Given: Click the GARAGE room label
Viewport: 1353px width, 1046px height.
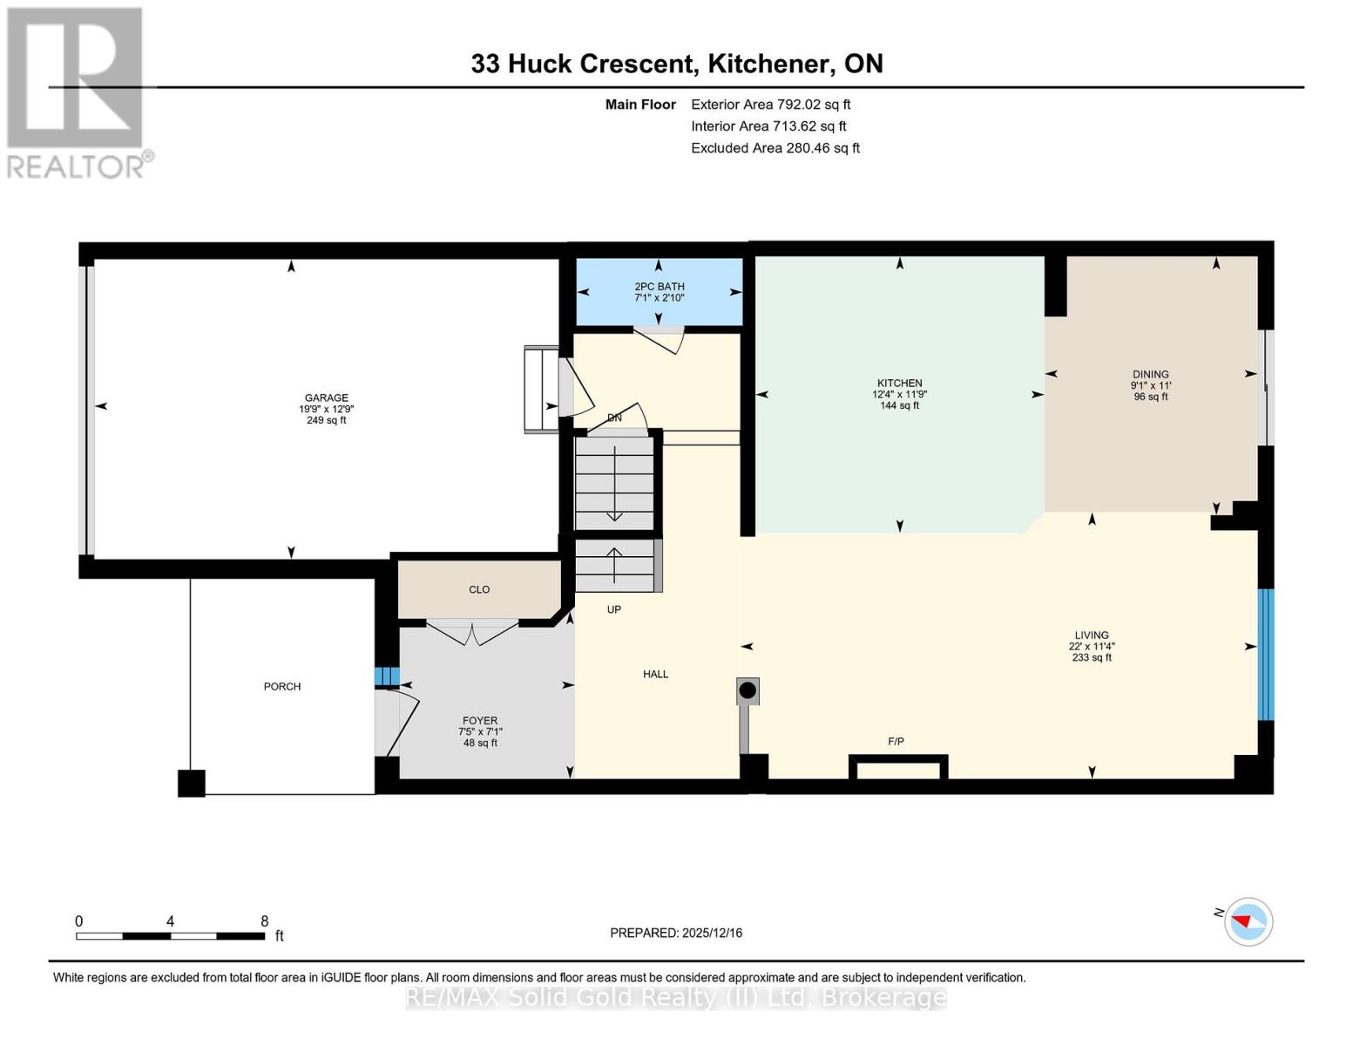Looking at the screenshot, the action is [326, 397].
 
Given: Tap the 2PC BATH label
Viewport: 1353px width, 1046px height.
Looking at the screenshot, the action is [660, 287].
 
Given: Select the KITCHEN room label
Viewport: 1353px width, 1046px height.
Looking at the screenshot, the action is [900, 384].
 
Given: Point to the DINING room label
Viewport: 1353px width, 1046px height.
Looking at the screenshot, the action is [1151, 375].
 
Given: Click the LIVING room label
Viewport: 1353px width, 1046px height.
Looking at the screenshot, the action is [1092, 635].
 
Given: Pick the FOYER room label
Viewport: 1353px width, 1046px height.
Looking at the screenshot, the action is [480, 721].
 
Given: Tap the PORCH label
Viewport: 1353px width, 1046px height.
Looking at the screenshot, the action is [282, 687].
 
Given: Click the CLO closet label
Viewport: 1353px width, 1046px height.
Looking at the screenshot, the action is [479, 589].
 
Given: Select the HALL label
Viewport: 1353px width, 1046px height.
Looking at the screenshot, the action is [656, 674].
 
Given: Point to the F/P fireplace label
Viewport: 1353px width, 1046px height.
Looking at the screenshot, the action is [896, 742].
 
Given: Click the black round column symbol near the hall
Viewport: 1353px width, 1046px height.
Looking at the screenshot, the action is [748, 691].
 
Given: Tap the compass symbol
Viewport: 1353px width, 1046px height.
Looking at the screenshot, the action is [1248, 922].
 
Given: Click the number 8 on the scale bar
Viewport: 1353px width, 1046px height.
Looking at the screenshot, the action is [265, 920].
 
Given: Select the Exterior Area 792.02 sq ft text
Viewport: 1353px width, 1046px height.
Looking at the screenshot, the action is [770, 105].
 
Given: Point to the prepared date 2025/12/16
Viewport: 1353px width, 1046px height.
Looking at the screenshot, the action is [713, 933].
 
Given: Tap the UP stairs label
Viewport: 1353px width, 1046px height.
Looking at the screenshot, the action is [614, 609].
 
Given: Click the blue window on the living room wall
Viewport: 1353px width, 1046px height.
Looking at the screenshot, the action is [1266, 655].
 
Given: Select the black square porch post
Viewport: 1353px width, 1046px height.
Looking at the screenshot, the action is [191, 784].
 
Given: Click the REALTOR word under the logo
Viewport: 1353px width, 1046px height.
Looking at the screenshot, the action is [76, 167].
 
